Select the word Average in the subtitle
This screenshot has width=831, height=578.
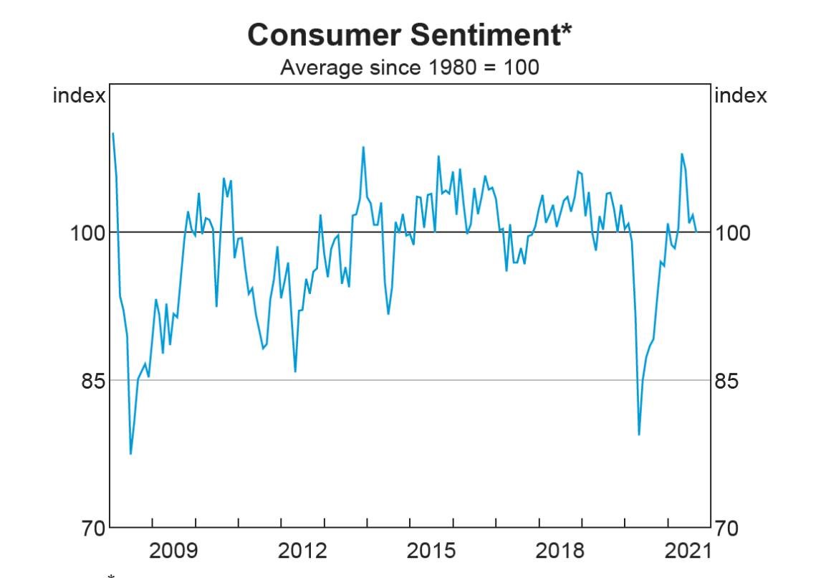[315, 68]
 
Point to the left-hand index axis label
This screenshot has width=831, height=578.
[79, 95]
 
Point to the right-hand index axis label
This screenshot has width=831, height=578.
[741, 95]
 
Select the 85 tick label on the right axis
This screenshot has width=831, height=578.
[727, 381]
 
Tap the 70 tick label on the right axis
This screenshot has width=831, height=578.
[727, 529]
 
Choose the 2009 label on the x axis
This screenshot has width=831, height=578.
[174, 551]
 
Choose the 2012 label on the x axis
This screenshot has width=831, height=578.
[302, 551]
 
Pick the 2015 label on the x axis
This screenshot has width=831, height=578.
[431, 551]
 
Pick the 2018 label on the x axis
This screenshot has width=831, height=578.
[559, 551]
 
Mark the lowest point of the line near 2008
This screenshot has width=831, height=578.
[130, 454]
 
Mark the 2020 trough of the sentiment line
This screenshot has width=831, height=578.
[639, 435]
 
